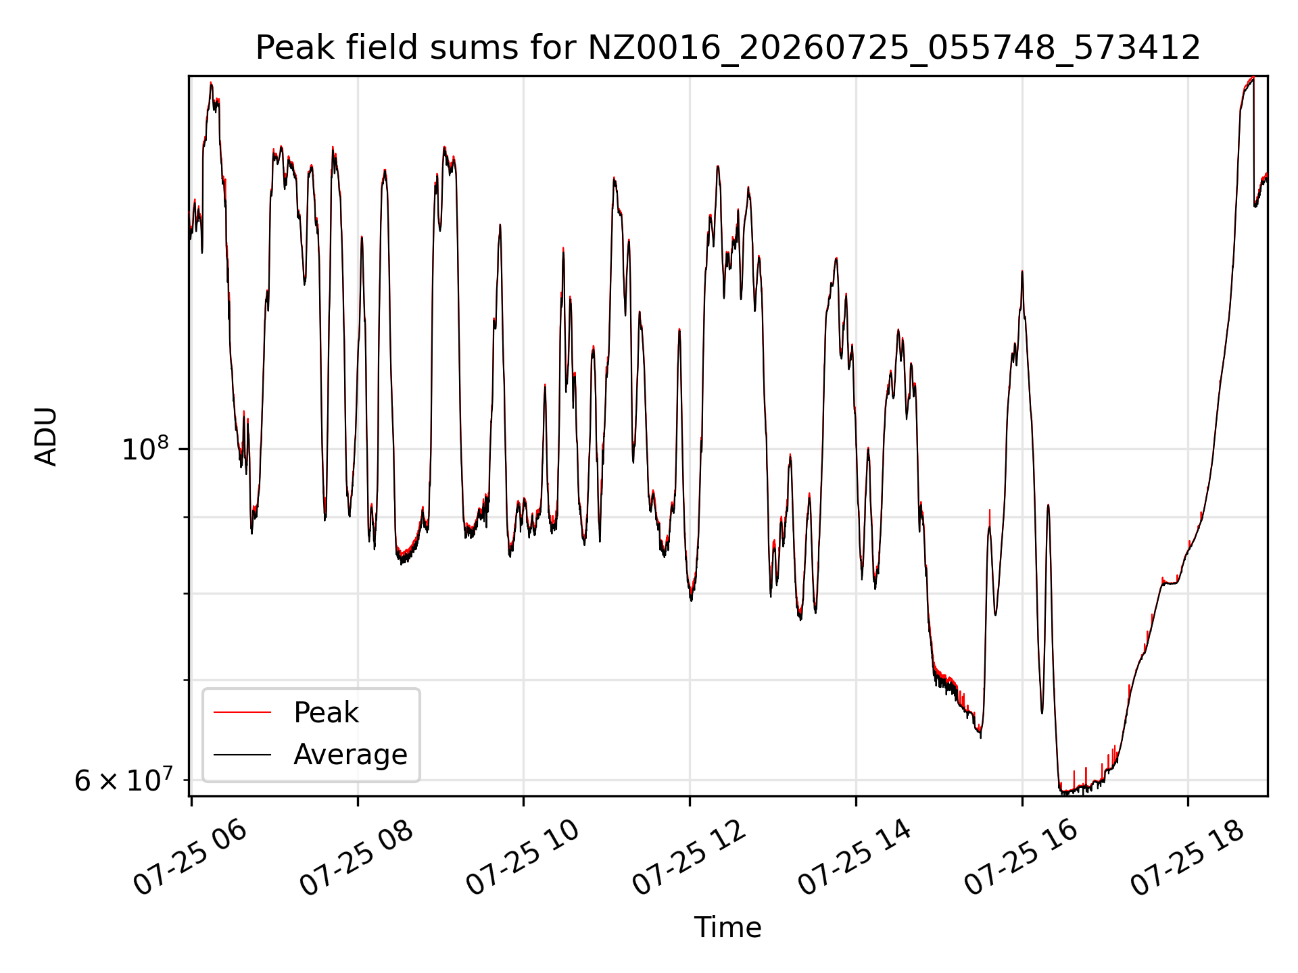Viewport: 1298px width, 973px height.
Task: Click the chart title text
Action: tap(727, 48)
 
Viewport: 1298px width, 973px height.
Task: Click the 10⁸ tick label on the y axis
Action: tap(145, 448)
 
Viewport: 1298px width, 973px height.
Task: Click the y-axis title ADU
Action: tap(46, 436)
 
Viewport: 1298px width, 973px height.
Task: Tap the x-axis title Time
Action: tap(727, 928)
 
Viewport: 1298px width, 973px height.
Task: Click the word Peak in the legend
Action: tap(326, 713)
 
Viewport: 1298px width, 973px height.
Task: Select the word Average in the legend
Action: tap(350, 755)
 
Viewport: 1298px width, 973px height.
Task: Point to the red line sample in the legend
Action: tap(242, 713)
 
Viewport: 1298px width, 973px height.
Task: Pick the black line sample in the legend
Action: tap(242, 755)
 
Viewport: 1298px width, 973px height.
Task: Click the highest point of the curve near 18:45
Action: tap(1253, 78)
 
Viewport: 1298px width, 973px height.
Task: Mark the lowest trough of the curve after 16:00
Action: tap(1063, 793)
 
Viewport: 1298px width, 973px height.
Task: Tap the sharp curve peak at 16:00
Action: tap(1022, 271)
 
